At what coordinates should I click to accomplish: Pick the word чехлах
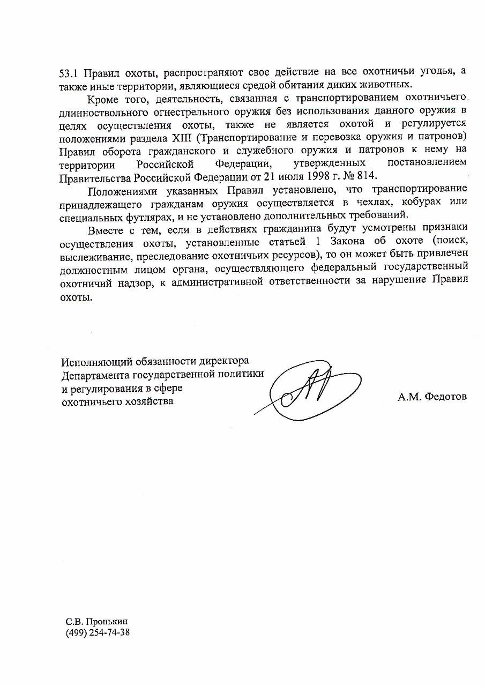coord(379,202)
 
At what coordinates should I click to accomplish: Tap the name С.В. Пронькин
coord(96,622)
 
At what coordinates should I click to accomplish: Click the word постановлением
coord(426,162)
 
